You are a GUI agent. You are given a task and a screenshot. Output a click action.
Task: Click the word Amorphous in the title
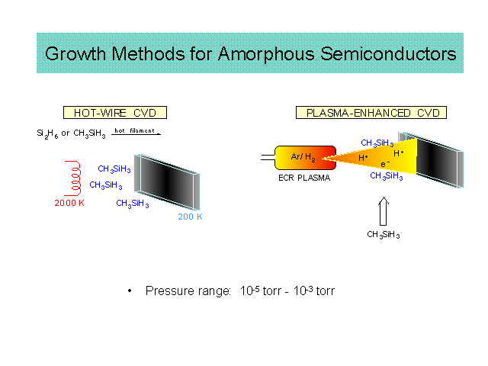click(x=266, y=54)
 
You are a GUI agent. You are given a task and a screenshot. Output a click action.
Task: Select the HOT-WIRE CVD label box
click(x=115, y=112)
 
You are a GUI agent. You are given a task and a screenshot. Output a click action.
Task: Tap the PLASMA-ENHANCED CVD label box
click(x=371, y=112)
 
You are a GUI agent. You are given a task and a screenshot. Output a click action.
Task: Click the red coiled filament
click(x=74, y=178)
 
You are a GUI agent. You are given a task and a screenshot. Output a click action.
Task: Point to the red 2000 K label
click(x=69, y=203)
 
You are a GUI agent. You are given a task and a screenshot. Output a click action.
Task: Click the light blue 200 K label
click(x=190, y=217)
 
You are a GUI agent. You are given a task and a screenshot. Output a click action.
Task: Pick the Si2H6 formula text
click(x=47, y=133)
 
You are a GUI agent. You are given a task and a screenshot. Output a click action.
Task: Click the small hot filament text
click(x=134, y=130)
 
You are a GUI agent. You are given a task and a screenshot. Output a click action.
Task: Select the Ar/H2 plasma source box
click(x=305, y=158)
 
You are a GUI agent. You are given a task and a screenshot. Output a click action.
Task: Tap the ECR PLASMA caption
click(x=304, y=178)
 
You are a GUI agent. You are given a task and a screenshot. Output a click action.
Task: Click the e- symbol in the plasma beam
click(x=385, y=164)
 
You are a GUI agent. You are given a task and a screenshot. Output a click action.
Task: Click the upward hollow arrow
click(x=384, y=211)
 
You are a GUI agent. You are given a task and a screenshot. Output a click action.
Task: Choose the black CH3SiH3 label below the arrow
click(x=383, y=235)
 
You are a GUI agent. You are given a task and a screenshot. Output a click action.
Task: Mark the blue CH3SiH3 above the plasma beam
click(x=377, y=143)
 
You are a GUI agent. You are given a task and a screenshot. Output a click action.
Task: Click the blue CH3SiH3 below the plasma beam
click(x=387, y=176)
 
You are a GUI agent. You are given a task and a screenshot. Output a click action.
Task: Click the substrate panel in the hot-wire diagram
click(x=167, y=182)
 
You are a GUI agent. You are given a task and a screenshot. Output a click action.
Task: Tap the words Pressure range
click(x=188, y=291)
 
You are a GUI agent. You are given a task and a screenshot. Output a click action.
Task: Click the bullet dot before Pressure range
click(x=130, y=291)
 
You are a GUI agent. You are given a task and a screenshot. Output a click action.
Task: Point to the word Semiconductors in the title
click(x=388, y=54)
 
